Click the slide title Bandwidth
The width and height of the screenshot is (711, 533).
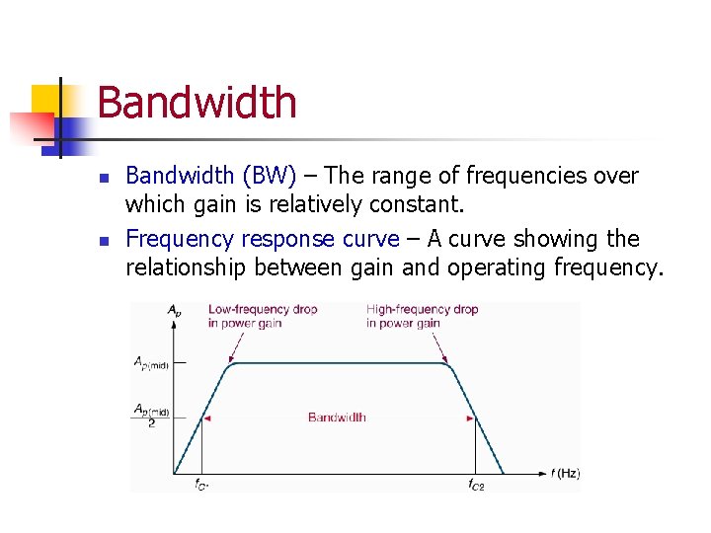(x=197, y=103)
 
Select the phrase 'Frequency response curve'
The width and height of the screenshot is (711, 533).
(x=262, y=240)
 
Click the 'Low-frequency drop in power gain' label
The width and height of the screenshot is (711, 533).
(x=262, y=316)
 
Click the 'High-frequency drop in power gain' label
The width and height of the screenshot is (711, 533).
(x=422, y=316)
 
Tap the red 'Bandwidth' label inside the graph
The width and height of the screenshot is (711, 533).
(x=337, y=418)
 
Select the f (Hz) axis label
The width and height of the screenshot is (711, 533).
(x=565, y=474)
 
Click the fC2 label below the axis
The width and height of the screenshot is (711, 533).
(x=476, y=484)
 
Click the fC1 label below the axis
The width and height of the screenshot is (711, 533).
(x=200, y=484)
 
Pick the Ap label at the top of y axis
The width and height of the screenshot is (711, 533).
(x=174, y=310)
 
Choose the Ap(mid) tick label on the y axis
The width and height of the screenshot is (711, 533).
(x=151, y=363)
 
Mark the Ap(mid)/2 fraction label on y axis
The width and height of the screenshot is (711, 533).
(x=151, y=414)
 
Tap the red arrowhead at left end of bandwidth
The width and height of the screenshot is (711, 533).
(x=207, y=419)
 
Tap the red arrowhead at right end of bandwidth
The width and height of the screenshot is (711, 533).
(x=470, y=419)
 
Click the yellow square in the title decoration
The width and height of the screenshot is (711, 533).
(x=45, y=100)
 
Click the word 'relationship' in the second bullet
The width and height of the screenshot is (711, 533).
(x=187, y=267)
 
